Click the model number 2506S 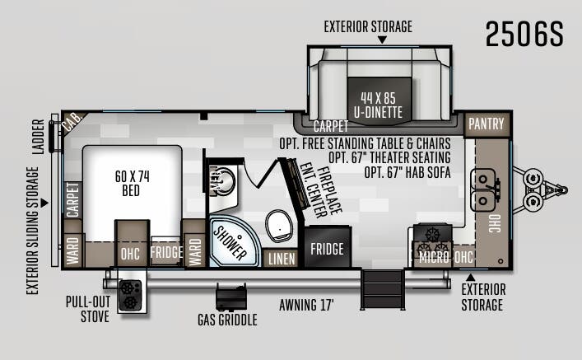[524, 34]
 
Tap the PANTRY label [487, 124]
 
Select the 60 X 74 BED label [132, 183]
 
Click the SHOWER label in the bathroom [230, 242]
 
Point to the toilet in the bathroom [279, 226]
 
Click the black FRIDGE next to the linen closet [328, 246]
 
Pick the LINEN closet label [282, 259]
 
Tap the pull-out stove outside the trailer [130, 296]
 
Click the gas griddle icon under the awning [231, 297]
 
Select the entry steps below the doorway [382, 289]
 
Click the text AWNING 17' [306, 305]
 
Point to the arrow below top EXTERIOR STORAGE [382, 40]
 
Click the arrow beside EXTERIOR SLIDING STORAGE [44, 203]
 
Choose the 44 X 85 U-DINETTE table [379, 100]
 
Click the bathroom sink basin [223, 182]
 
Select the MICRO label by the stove [434, 257]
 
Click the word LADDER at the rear [38, 137]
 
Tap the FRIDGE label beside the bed [166, 252]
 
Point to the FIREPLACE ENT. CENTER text [321, 190]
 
